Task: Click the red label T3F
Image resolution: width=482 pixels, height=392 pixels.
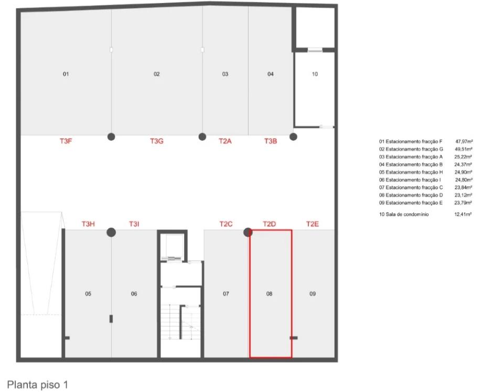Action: click(66, 141)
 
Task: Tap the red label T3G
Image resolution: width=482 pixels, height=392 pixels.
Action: click(156, 141)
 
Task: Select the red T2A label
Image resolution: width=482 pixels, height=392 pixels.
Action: click(225, 141)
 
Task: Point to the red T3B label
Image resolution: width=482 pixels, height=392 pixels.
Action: click(271, 141)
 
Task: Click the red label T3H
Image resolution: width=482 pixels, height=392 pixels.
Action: click(88, 224)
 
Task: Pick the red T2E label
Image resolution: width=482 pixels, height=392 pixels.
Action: click(312, 224)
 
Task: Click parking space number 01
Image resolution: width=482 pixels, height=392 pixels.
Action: click(66, 74)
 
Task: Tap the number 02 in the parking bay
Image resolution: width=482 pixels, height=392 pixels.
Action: click(157, 74)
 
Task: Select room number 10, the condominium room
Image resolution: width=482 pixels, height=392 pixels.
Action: click(315, 74)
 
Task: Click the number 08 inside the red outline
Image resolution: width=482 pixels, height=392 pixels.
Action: click(269, 294)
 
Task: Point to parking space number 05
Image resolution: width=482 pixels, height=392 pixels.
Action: click(88, 294)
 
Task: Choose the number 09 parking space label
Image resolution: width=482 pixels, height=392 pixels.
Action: click(313, 294)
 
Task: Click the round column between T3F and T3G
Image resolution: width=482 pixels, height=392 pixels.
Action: click(111, 136)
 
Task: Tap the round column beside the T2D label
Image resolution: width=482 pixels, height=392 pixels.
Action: click(248, 232)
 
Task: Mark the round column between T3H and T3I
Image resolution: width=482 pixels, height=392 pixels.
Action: click(111, 232)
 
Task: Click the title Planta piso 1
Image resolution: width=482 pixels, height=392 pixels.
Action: click(37, 385)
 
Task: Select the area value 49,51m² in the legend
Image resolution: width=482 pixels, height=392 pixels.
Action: click(464, 149)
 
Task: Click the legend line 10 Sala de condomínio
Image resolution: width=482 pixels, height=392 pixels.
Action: click(404, 214)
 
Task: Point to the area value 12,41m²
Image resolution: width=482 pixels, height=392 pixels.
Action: click(463, 214)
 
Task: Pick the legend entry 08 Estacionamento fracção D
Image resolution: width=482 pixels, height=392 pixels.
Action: click(411, 195)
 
